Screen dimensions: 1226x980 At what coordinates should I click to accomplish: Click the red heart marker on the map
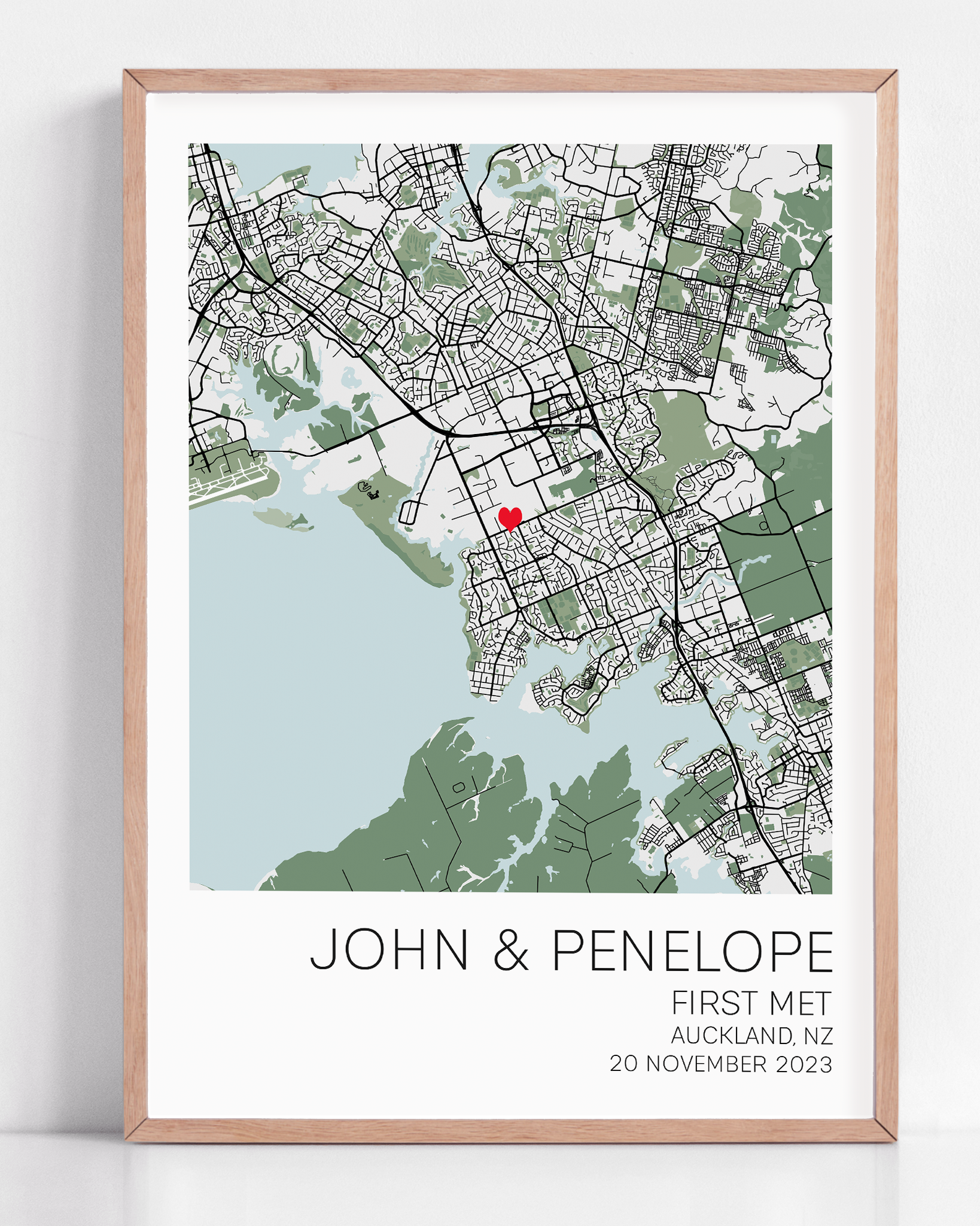point(510,517)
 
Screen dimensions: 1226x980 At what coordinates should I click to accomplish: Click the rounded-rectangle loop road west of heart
point(410,512)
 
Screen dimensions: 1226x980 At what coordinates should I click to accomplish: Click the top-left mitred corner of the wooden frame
point(135,81)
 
